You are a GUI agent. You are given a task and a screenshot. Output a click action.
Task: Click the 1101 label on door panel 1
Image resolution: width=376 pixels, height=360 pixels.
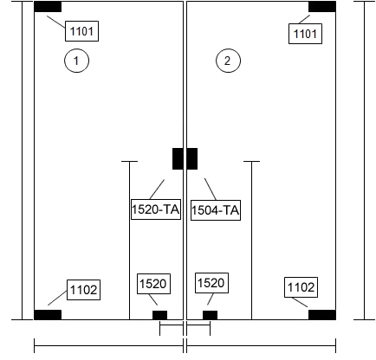point(81,31)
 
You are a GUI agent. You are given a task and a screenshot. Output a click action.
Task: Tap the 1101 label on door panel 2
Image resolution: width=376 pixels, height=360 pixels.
point(305,34)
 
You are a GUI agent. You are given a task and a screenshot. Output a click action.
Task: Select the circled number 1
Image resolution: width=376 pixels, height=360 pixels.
point(76,61)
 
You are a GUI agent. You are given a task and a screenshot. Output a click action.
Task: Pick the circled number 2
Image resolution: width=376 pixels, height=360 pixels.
point(228,61)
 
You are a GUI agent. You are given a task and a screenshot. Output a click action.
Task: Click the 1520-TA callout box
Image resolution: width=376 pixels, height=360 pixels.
point(156,209)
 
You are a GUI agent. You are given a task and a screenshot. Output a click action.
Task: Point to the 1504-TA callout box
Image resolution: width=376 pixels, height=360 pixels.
point(216,210)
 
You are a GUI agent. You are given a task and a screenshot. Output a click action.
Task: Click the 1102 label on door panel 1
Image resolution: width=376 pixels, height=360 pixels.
point(84,290)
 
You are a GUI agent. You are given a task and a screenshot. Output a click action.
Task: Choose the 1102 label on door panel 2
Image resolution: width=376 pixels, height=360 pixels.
point(301,287)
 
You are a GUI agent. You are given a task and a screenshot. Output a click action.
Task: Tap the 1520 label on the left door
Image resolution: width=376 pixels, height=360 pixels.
point(153,284)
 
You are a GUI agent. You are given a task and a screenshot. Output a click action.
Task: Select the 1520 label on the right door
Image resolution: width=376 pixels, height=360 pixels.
point(211,283)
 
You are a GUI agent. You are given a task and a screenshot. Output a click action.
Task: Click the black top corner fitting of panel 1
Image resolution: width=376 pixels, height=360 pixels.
point(48,7)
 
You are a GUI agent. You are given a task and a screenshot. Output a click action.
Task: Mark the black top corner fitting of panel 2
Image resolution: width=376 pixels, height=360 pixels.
point(322,7)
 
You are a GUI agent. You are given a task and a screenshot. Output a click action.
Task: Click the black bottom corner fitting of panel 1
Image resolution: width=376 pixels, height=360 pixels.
point(48,315)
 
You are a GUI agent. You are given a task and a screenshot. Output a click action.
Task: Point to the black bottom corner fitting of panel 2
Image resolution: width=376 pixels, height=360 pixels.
point(322,315)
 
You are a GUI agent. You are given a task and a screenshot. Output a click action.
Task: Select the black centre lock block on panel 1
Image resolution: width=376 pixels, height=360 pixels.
point(178,158)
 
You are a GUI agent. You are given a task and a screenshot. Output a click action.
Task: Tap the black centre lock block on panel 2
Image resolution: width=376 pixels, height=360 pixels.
point(192,158)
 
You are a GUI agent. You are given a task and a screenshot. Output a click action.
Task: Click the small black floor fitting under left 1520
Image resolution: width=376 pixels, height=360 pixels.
point(159,315)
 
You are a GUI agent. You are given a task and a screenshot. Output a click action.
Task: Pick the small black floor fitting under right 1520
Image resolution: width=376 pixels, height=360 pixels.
point(210,315)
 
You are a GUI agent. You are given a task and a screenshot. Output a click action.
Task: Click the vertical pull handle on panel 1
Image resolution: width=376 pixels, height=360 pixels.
point(129,241)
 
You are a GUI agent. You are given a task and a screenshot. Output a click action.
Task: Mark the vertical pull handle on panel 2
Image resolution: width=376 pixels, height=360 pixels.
point(251,241)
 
